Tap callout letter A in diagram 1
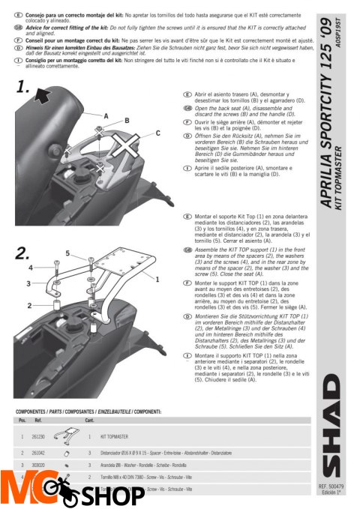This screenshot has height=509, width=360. click(x=106, y=116)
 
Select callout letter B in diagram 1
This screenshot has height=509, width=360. click(x=127, y=120)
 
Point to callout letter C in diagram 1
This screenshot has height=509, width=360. click(x=157, y=133)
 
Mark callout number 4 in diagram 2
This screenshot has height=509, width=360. click(x=31, y=267)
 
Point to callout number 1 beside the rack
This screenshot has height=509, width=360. click(x=157, y=278)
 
